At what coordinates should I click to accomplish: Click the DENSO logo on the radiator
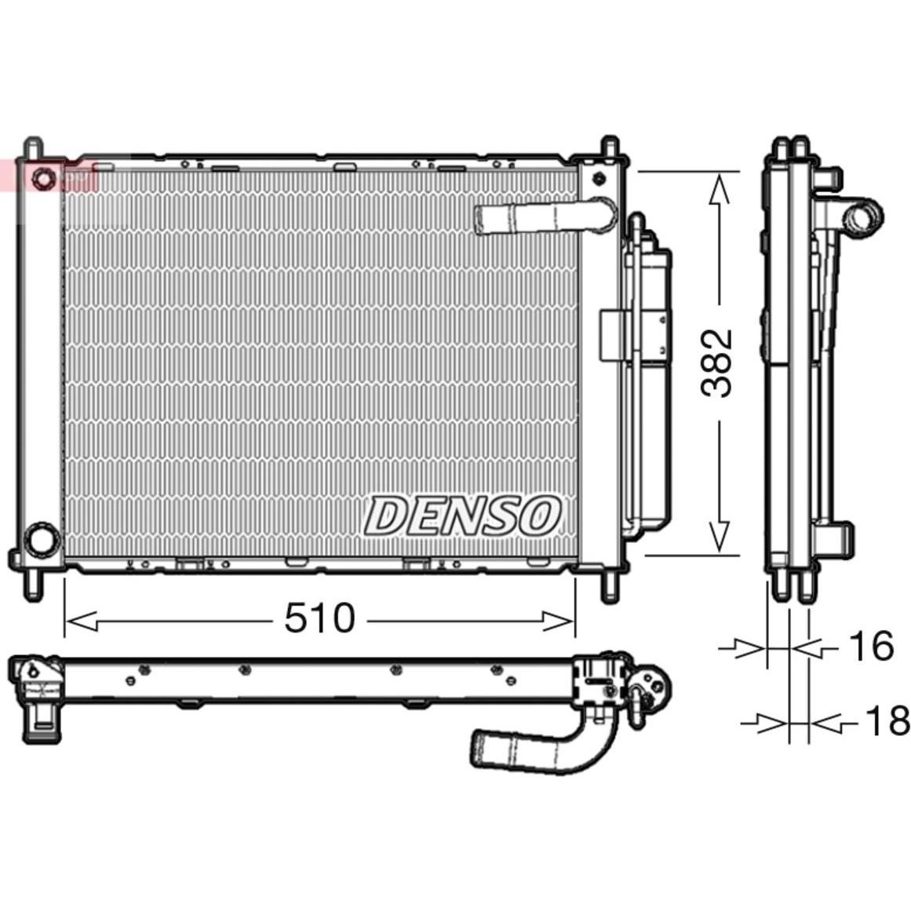tap(462, 516)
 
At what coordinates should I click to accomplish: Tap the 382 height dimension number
tap(716, 363)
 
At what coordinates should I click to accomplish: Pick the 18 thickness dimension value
tap(887, 720)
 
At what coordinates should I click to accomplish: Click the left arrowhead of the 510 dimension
tap(81, 621)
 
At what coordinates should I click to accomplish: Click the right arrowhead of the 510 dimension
tap(557, 621)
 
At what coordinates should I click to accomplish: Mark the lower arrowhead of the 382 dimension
tap(720, 536)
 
